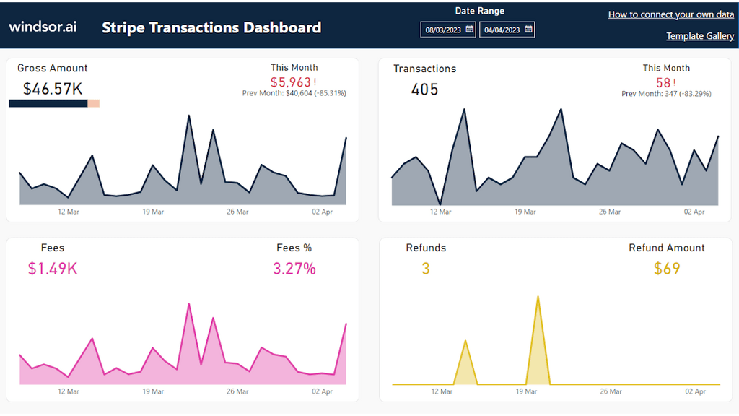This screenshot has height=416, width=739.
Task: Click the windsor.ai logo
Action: click(x=43, y=27)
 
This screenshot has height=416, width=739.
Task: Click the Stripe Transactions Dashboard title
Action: click(x=211, y=28)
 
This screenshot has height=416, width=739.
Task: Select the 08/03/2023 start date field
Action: click(x=442, y=30)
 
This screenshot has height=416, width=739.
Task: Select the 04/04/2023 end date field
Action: click(x=501, y=30)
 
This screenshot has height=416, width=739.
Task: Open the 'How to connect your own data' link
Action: click(x=670, y=14)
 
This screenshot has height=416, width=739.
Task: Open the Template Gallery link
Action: click(x=699, y=36)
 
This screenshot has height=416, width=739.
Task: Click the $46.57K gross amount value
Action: click(x=53, y=89)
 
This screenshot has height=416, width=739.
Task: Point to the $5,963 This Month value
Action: click(x=291, y=82)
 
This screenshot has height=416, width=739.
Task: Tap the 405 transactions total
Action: click(x=424, y=90)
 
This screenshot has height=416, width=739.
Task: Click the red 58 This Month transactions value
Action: click(x=663, y=82)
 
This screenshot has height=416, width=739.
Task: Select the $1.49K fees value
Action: click(x=53, y=269)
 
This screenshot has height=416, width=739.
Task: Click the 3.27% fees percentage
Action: click(x=294, y=269)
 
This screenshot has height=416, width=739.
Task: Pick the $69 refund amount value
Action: click(x=666, y=269)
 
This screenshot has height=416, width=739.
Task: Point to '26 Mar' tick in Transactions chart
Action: click(x=609, y=212)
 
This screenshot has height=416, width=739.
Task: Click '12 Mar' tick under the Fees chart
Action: click(x=68, y=391)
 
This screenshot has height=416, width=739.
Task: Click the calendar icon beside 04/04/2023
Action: click(x=528, y=30)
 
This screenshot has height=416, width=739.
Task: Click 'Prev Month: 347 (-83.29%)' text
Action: click(x=666, y=94)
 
